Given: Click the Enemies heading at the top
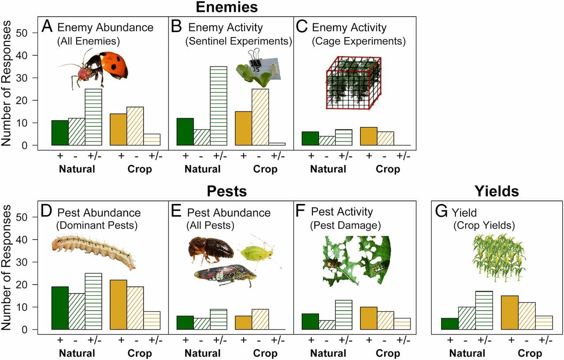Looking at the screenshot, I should pyautogui.click(x=226, y=7).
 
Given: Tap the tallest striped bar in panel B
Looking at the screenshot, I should pyautogui.click(x=219, y=105).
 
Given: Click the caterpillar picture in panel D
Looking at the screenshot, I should pyautogui.click(x=93, y=252).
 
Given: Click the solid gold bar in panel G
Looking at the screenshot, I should pyautogui.click(x=510, y=312).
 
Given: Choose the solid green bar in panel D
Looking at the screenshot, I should pyautogui.click(x=60, y=308).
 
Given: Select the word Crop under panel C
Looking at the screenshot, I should pyautogui.click(x=388, y=169).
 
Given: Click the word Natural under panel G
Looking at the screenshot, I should pyautogui.click(x=467, y=353).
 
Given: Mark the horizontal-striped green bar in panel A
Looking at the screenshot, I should pyautogui.click(x=93, y=117).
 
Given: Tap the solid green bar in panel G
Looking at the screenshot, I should pyautogui.click(x=450, y=323).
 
